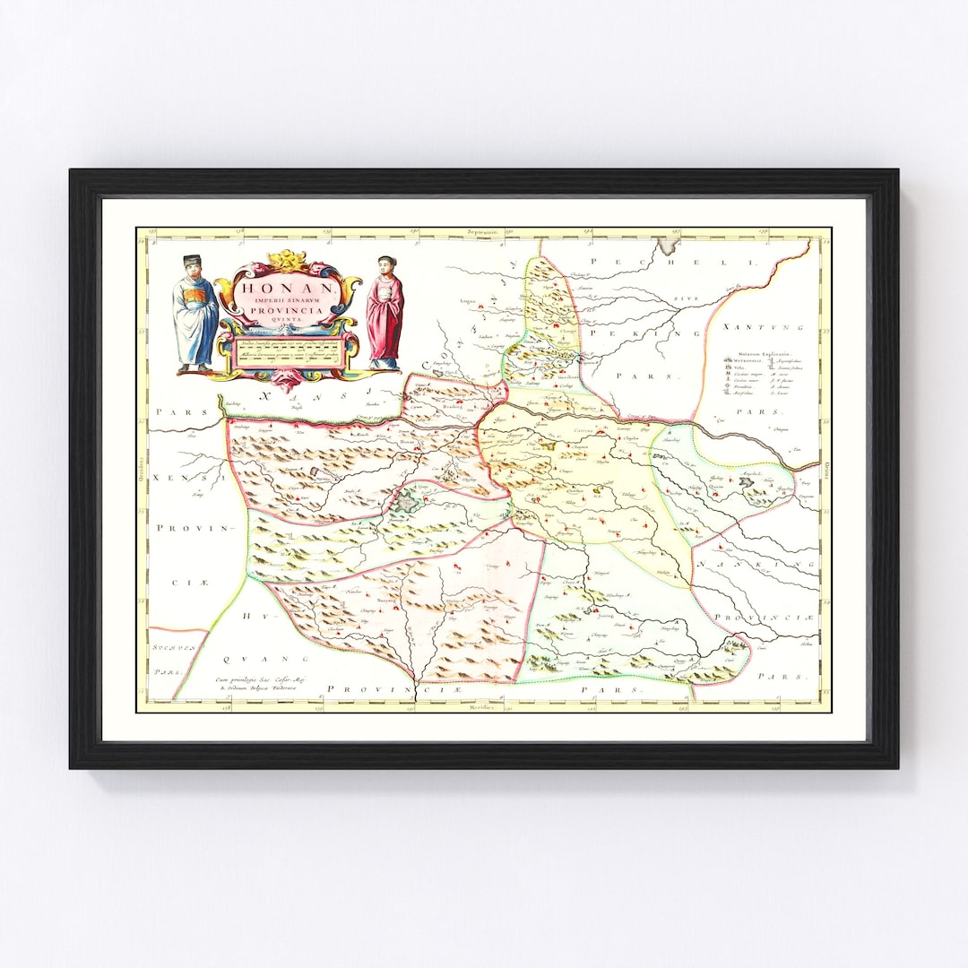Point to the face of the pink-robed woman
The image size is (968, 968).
(385, 265)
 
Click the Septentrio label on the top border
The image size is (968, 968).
(481, 232)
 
